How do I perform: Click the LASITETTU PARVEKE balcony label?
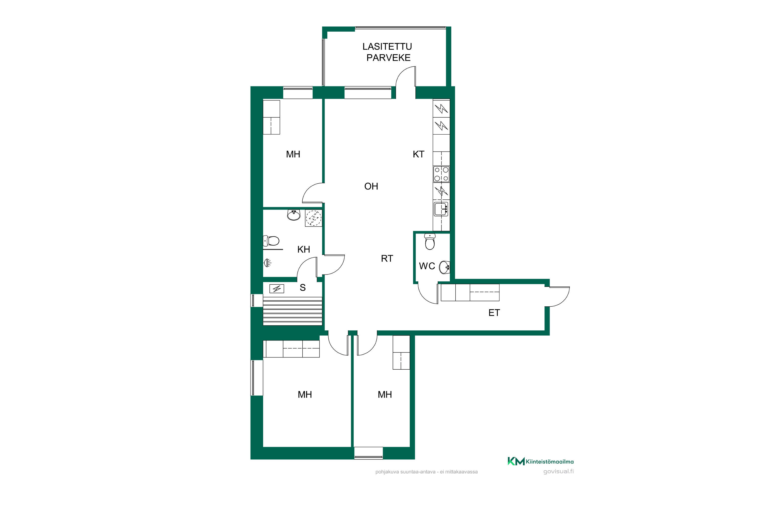388,52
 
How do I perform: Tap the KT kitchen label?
418,154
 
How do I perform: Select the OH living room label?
371,186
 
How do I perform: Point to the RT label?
387,259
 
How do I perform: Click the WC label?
427,266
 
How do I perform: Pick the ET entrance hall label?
494,313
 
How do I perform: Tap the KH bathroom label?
304,249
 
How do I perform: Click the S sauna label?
303,287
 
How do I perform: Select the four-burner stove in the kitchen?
441,174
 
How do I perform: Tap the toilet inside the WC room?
430,242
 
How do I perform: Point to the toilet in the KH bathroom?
271,241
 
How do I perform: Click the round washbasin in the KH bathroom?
294,215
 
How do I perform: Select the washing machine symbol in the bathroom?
314,218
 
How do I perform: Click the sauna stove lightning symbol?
277,288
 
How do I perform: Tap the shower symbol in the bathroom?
267,263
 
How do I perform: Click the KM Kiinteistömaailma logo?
540,461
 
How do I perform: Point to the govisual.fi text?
559,472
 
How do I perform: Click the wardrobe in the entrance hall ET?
470,292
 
